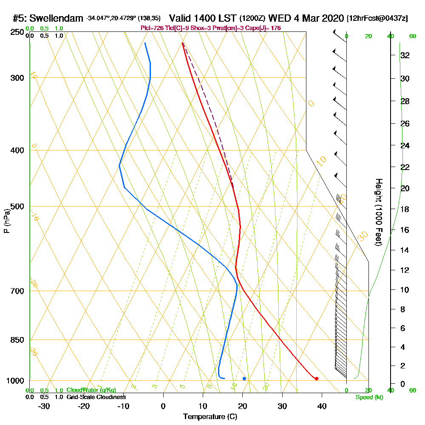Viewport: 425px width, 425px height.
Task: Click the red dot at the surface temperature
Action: (317, 378)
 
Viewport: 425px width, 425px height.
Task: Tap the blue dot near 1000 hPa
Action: (244, 378)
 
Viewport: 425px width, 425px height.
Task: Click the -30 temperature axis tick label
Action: (44, 406)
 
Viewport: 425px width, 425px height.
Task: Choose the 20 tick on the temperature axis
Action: (242, 406)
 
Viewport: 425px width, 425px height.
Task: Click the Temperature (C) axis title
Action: (210, 417)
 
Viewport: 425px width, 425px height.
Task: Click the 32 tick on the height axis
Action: (405, 55)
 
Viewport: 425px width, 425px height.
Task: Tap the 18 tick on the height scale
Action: (405, 209)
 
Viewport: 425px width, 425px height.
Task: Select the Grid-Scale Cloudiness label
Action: (96, 397)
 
